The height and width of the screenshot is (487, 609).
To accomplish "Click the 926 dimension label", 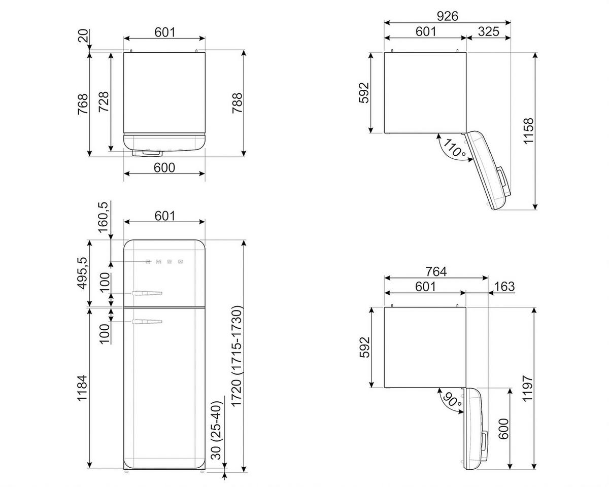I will click(x=447, y=16).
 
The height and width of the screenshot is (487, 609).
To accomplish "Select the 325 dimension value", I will click(x=488, y=31).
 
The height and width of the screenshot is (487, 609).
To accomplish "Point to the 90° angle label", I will click(x=451, y=400).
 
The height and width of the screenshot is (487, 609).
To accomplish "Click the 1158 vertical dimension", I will click(x=529, y=131).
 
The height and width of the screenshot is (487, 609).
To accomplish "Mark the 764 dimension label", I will click(x=435, y=272).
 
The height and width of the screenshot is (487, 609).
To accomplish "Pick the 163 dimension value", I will click(x=503, y=287).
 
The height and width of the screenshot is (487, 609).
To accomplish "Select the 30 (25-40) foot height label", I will click(x=216, y=430).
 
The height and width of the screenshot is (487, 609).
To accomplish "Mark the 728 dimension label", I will click(x=104, y=103).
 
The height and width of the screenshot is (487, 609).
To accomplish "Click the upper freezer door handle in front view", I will click(x=147, y=293).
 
